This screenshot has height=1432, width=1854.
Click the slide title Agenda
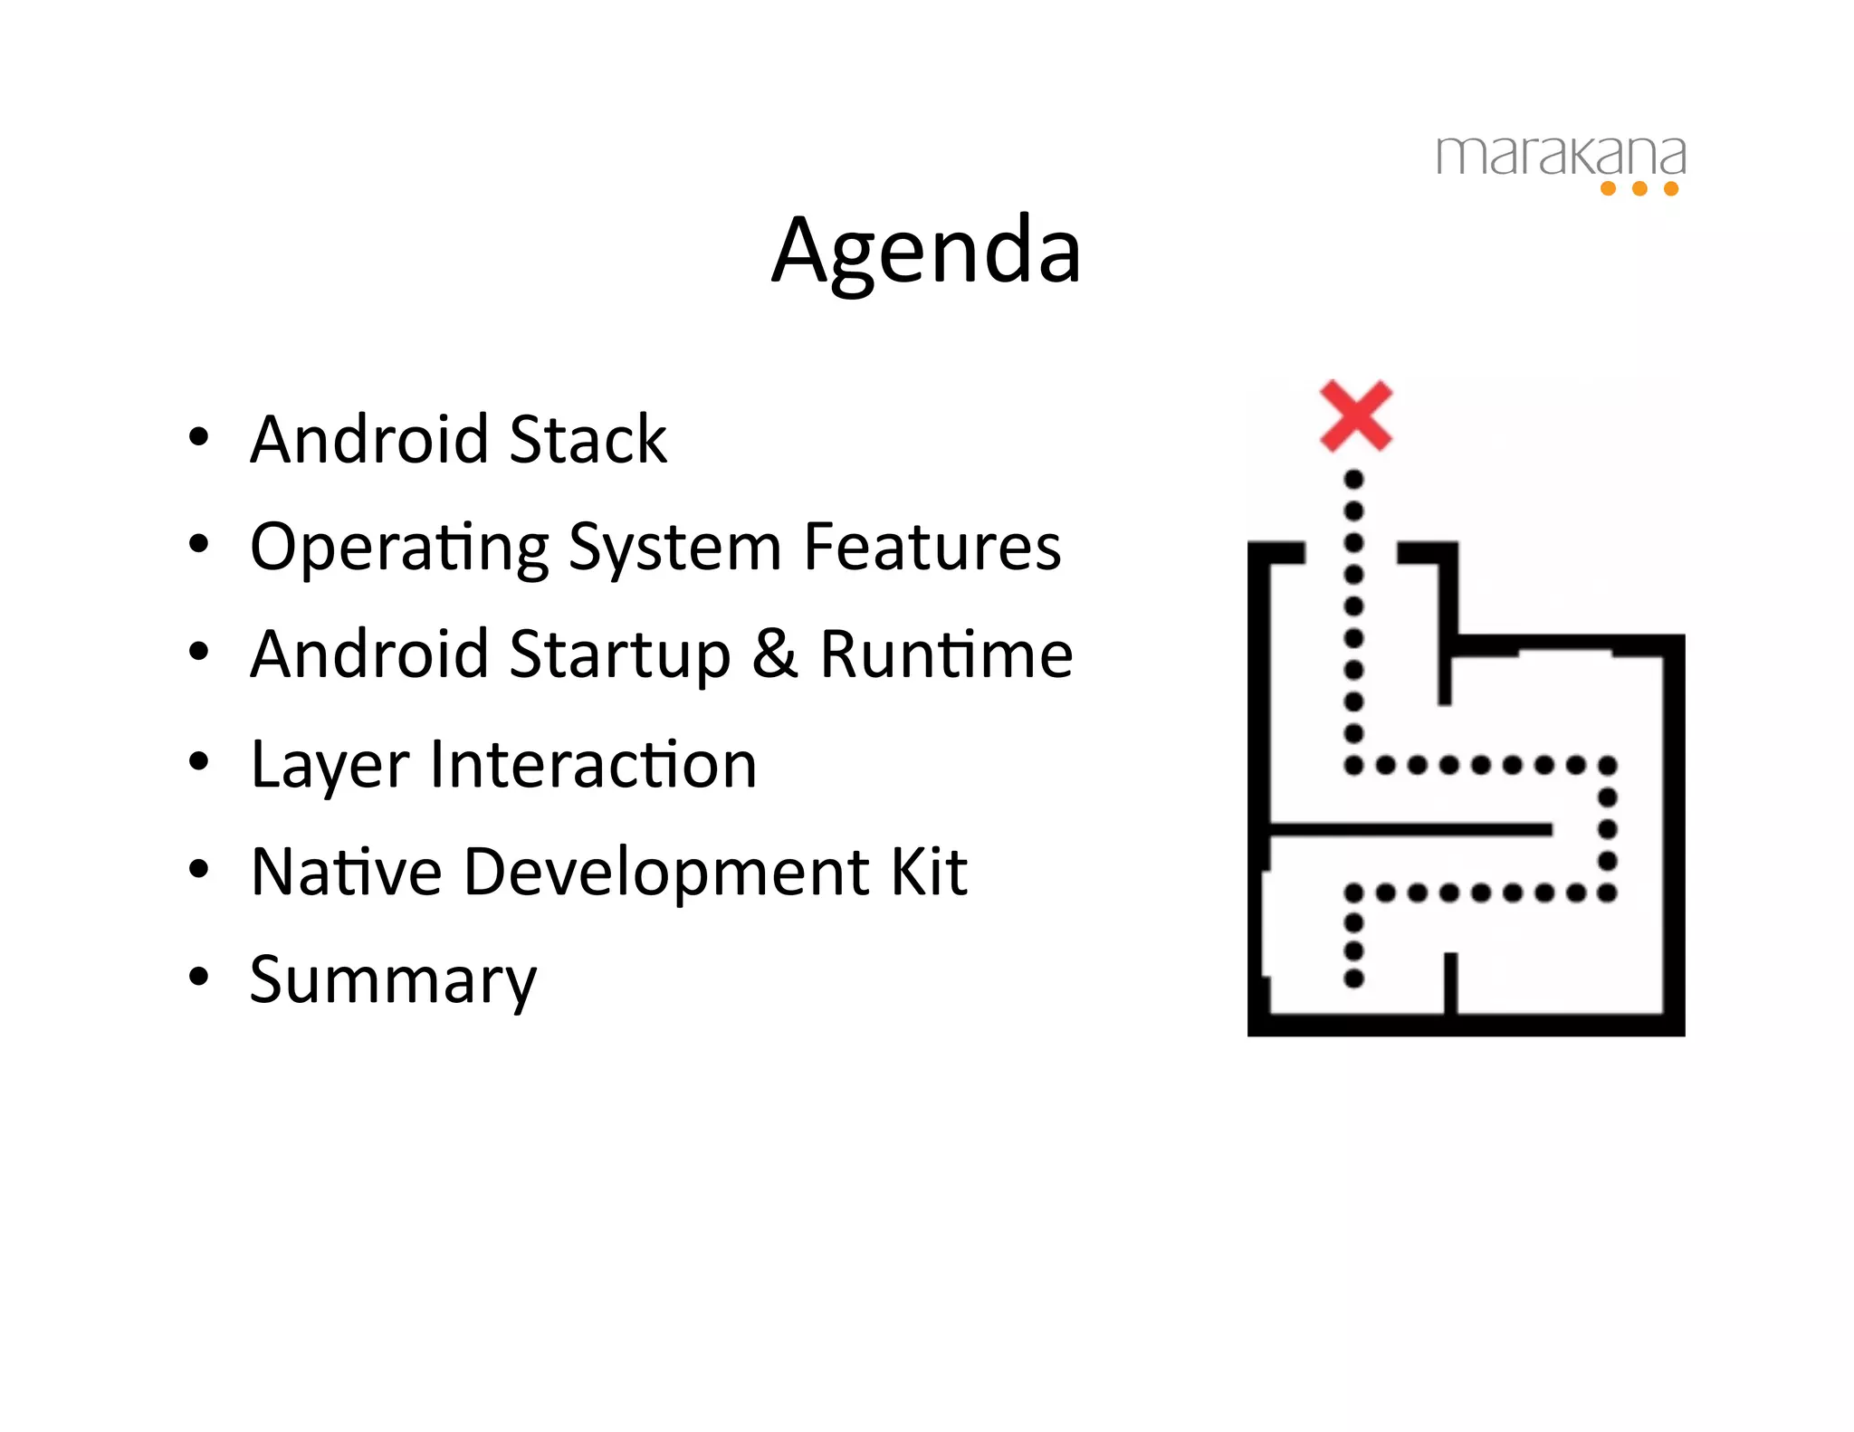click(926, 252)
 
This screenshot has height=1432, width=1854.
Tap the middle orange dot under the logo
click(1639, 188)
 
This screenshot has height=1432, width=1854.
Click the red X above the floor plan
click(1355, 415)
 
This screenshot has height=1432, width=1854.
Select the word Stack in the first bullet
click(588, 440)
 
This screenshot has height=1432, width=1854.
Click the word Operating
click(399, 549)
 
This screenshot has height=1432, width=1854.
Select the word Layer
click(330, 766)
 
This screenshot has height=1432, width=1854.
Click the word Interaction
click(593, 764)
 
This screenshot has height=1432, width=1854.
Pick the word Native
click(347, 872)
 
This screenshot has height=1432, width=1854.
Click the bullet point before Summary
click(198, 977)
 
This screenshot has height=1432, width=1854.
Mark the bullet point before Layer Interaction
click(198, 762)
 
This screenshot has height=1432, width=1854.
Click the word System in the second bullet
click(674, 549)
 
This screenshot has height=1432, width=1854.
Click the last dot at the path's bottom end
click(1353, 979)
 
